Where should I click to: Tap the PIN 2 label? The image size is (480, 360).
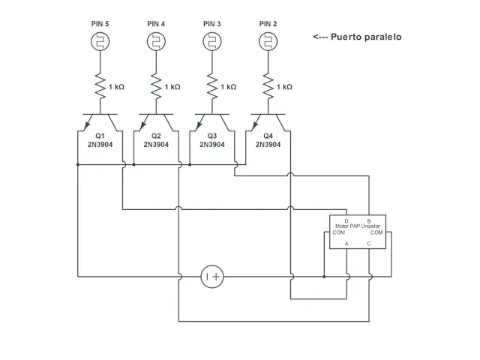tap(268, 24)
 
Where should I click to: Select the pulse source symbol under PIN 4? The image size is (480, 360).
tap(155, 43)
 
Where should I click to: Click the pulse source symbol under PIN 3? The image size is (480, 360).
tap(211, 43)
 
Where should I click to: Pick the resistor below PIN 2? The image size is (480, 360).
tap(268, 86)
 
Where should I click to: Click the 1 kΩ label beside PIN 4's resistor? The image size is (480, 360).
tap(172, 87)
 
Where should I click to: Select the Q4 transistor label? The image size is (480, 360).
tap(268, 136)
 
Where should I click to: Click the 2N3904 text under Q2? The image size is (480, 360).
tap(156, 145)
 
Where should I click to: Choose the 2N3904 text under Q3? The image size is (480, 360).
tap(212, 145)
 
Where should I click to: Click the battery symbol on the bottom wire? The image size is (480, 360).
tap(211, 277)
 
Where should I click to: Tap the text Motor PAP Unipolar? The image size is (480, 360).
tap(358, 226)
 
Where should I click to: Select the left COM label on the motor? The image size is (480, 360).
tap(338, 232)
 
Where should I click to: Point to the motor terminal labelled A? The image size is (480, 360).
tap(346, 244)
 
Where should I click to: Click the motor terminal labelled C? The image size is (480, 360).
tap(368, 244)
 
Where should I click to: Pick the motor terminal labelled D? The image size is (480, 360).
tap(346, 220)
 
